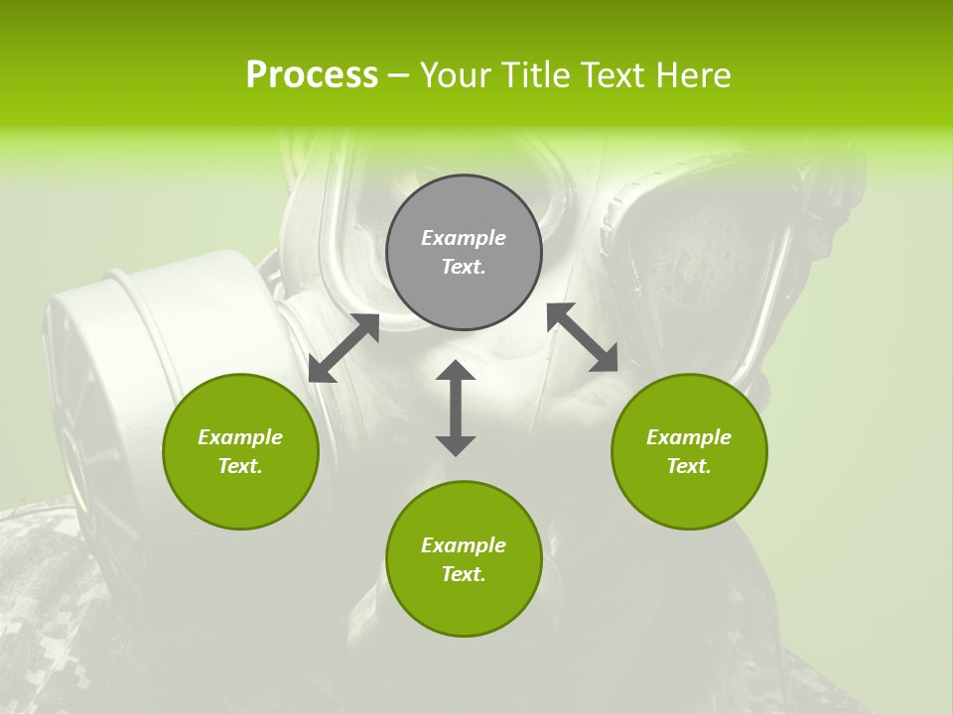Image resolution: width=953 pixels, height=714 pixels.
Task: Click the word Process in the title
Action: pyautogui.click(x=312, y=75)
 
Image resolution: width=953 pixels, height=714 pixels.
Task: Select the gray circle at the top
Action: pyautogui.click(x=464, y=252)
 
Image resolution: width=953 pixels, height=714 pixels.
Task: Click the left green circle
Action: pyautogui.click(x=240, y=451)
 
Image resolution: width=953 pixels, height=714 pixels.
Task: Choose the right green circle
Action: pyautogui.click(x=689, y=451)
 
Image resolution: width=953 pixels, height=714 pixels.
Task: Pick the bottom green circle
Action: pyautogui.click(x=464, y=558)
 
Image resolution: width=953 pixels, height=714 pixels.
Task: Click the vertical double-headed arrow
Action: pyautogui.click(x=456, y=408)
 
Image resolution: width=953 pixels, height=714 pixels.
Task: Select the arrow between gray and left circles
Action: pyautogui.click(x=343, y=348)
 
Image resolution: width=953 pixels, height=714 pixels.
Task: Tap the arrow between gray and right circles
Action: pyautogui.click(x=583, y=337)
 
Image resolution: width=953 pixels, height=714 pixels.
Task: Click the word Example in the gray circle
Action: pyautogui.click(x=464, y=238)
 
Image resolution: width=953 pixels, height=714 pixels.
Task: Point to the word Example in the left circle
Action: pyautogui.click(x=240, y=437)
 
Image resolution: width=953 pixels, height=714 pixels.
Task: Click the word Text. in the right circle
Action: pyautogui.click(x=689, y=466)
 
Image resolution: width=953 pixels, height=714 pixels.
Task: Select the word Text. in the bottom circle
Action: pyautogui.click(x=464, y=574)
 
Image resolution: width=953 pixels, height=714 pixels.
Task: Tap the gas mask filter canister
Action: pyautogui.click(x=94, y=387)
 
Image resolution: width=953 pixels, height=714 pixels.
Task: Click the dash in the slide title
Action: pyautogui.click(x=399, y=75)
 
